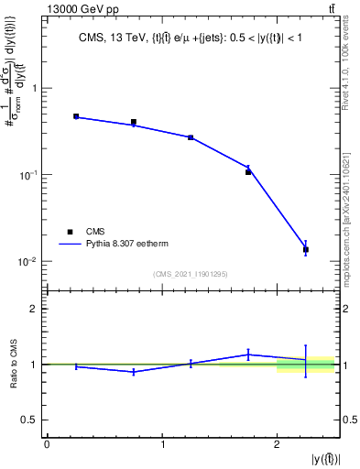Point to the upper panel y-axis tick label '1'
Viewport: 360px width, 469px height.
pos(33,89)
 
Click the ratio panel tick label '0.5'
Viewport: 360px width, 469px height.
pos(30,420)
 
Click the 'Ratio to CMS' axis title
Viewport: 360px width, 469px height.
pos(12,365)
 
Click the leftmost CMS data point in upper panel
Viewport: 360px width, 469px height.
pos(76,116)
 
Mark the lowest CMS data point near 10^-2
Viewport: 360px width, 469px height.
pos(306,249)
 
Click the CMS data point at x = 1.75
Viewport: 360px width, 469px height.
pos(248,171)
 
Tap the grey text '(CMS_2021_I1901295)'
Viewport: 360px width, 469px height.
pos(191,273)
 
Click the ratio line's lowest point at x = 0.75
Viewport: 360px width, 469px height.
pos(134,371)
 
